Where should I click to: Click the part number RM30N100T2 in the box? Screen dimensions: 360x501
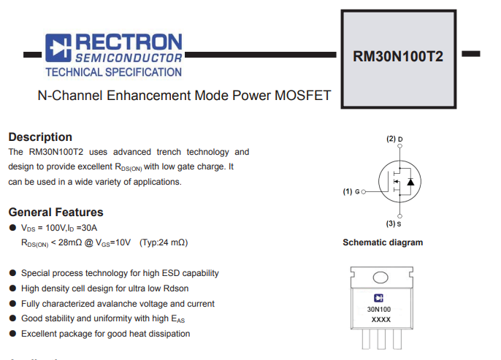point(398,56)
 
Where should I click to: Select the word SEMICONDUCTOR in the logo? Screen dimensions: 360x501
point(130,58)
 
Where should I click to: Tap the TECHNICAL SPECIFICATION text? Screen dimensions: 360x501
point(113,72)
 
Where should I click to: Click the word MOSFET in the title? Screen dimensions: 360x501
point(304,96)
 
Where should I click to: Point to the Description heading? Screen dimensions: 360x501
point(40,137)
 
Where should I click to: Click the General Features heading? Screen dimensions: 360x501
point(56,212)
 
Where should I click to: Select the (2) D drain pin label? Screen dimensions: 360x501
point(395,139)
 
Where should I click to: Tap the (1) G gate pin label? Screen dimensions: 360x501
point(351,192)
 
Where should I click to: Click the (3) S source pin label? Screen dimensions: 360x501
point(395,223)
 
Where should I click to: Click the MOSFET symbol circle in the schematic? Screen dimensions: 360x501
point(400,181)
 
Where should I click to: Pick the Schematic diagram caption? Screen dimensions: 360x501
point(383,242)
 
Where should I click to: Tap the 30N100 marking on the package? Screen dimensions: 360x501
point(379,310)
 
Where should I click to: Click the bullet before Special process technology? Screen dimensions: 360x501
point(12,273)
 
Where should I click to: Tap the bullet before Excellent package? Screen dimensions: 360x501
point(12,334)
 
